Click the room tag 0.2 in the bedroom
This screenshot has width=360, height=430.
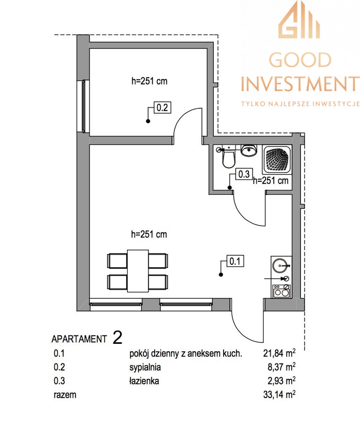click(162, 107)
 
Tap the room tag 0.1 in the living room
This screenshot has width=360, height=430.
click(235, 261)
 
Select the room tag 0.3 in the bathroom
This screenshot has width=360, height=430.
click(244, 174)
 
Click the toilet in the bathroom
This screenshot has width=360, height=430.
click(228, 157)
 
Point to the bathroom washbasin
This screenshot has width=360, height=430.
click(249, 150)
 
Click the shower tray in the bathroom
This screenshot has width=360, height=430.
click(277, 160)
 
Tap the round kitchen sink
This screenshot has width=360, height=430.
click(280, 266)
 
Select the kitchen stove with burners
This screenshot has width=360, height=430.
click(282, 291)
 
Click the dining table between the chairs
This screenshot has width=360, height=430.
click(138, 271)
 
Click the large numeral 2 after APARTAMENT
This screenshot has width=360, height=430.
click(118, 338)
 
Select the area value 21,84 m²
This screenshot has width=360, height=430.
click(279, 353)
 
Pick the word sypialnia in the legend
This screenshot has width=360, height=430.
click(145, 368)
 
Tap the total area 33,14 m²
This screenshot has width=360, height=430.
click(279, 394)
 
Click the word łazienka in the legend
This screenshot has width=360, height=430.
click(144, 381)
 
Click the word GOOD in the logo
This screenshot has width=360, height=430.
click(300, 60)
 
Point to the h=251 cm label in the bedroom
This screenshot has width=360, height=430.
click(150, 81)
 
